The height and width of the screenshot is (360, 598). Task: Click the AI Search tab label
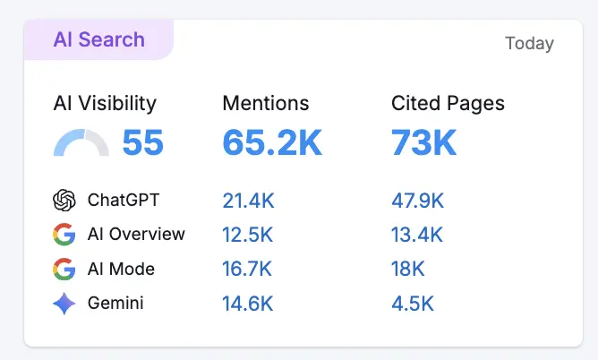pyautogui.click(x=98, y=39)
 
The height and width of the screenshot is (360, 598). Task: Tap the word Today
pyautogui.click(x=529, y=43)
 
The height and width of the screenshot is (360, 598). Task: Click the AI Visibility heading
pyautogui.click(x=105, y=103)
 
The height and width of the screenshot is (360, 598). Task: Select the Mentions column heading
pyautogui.click(x=266, y=103)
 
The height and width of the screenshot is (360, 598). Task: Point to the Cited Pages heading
pyautogui.click(x=448, y=103)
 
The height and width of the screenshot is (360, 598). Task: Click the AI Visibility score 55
pyautogui.click(x=142, y=143)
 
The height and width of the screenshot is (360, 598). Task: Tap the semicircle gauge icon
pyautogui.click(x=81, y=144)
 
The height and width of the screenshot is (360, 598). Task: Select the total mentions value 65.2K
pyautogui.click(x=272, y=143)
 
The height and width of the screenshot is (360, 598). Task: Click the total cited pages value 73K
pyautogui.click(x=423, y=143)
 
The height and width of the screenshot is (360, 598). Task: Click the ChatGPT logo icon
pyautogui.click(x=64, y=201)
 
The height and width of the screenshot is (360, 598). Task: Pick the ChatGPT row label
pyautogui.click(x=123, y=201)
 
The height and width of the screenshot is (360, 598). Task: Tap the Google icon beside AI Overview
pyautogui.click(x=64, y=235)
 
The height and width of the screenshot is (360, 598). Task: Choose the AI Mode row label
pyautogui.click(x=121, y=269)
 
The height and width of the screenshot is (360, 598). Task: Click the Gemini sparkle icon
pyautogui.click(x=64, y=304)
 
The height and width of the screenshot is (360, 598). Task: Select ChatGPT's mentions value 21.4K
pyautogui.click(x=248, y=201)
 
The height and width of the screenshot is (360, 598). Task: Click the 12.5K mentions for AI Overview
pyautogui.click(x=248, y=235)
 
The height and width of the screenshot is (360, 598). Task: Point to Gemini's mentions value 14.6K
pyautogui.click(x=248, y=304)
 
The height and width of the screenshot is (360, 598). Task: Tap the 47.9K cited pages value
pyautogui.click(x=418, y=201)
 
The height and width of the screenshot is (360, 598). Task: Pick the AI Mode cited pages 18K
pyautogui.click(x=408, y=269)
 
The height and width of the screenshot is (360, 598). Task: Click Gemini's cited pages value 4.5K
pyautogui.click(x=413, y=304)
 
